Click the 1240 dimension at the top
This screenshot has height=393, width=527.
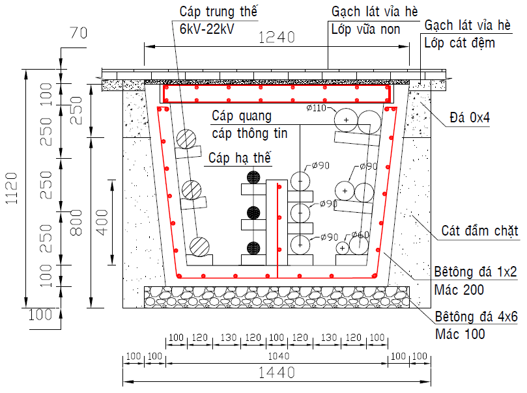pos(277,38)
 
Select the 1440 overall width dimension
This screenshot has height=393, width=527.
pos(277,373)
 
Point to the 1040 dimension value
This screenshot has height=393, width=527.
pos(277,357)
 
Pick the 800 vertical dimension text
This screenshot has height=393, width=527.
pos(77,222)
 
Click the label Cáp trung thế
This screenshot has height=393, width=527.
pos(218,12)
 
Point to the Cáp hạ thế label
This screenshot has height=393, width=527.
pos(239,158)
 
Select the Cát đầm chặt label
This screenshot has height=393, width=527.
pos(479,231)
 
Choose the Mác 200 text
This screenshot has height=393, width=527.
pos(459,290)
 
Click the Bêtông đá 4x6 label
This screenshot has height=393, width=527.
pos(476,318)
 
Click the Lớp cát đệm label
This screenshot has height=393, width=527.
pos(459,44)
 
